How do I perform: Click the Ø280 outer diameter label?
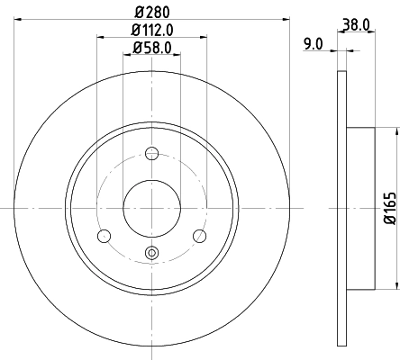[x=151, y=10]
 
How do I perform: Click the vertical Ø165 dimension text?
[x=389, y=208]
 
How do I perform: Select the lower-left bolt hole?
[x=104, y=236]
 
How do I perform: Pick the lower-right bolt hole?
[x=200, y=236]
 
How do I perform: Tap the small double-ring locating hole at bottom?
[x=151, y=253]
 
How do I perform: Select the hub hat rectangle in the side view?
[x=359, y=208]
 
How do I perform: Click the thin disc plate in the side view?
[x=341, y=208]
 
